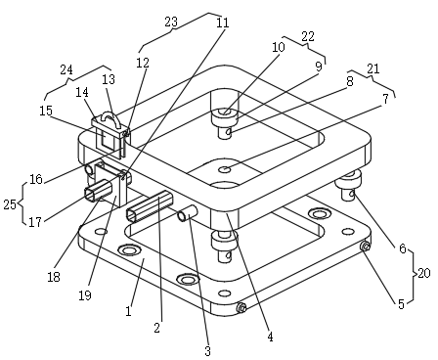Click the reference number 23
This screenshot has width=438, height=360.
pos(171,22)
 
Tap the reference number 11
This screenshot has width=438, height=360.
pos(223,22)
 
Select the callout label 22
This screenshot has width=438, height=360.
pos(308,36)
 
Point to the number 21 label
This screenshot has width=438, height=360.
pos(373,68)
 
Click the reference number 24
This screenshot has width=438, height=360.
pos(66,69)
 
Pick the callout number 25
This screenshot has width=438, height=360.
pos(10,204)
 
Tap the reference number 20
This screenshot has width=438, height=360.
pos(424,273)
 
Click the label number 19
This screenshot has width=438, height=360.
pos(85,295)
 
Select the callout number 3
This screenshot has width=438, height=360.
pos(208,351)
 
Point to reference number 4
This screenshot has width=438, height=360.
pos(270,337)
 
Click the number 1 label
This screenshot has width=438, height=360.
pos(128,311)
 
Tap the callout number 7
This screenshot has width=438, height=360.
pos(385,99)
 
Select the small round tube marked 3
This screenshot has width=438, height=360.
pos(187,213)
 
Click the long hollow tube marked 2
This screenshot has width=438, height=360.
pos(149,206)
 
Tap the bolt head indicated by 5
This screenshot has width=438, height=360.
pos(365,247)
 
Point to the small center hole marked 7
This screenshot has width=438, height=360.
pos(225,169)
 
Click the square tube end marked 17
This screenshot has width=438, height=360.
pos(91,195)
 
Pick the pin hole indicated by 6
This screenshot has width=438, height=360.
pos(352,195)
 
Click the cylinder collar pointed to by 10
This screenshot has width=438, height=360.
pos(225,116)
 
